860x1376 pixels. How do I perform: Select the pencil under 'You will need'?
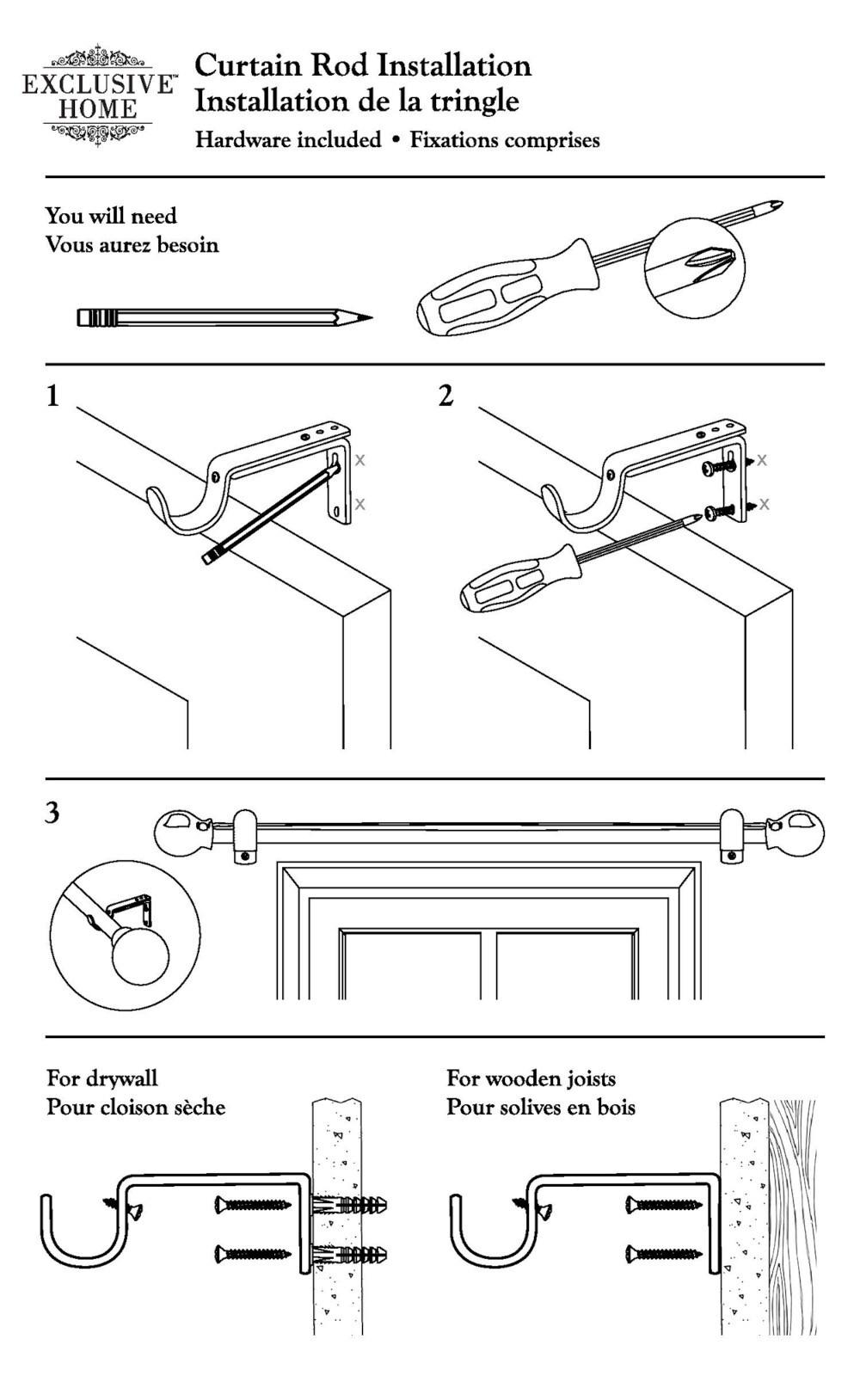point(224,317)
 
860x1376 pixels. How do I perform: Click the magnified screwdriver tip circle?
point(695,266)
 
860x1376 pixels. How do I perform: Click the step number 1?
point(53,396)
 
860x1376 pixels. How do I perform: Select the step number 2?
point(445,396)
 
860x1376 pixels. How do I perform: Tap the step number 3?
point(52,813)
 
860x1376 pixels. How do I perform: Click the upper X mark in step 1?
point(360,461)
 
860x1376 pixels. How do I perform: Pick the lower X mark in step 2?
point(764,504)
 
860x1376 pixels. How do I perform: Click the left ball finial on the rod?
point(179,832)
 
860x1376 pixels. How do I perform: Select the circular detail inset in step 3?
point(125,935)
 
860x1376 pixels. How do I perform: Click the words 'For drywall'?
point(102,1078)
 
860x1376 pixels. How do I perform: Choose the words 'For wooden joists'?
point(531,1078)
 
